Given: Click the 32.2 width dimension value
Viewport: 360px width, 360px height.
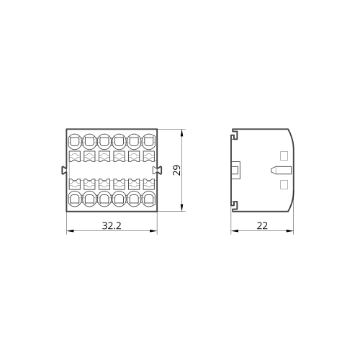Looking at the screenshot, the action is click(112, 225).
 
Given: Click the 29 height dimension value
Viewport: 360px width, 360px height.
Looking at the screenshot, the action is click(177, 170).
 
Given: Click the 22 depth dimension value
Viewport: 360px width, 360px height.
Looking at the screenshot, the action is click(262, 225).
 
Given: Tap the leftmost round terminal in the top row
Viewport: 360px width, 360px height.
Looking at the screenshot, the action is click(75, 141).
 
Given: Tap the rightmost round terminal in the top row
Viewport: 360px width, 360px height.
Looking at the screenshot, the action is click(149, 141).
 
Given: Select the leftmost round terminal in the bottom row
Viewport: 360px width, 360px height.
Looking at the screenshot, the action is click(75, 198).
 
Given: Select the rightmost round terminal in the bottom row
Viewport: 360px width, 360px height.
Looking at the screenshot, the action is click(149, 198).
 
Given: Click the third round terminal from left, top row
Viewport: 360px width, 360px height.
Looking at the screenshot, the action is click(104, 141).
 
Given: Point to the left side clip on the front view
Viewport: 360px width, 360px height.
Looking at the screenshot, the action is click(63, 170).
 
